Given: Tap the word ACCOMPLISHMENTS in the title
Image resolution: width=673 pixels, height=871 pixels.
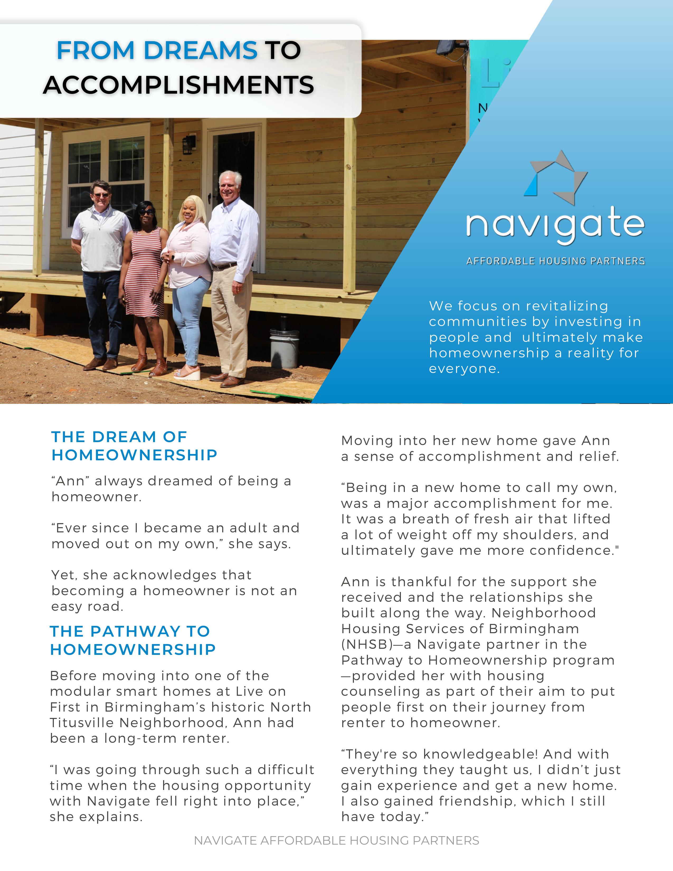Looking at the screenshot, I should tap(179, 85).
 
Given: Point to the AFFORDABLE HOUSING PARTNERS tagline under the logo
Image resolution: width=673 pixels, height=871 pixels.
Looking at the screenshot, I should tap(555, 261).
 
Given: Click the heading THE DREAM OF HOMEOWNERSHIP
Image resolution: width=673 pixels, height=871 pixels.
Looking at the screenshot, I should tap(134, 446).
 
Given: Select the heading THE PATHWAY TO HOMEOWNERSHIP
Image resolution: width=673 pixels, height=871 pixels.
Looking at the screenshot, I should tap(132, 641).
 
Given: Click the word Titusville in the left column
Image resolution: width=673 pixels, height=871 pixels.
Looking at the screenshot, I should tap(82, 723).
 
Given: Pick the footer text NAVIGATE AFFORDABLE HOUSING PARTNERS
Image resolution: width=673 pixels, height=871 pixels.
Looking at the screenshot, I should tap(336, 841).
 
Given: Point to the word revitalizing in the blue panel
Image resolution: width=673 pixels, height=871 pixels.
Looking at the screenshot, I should tap(567, 306).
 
